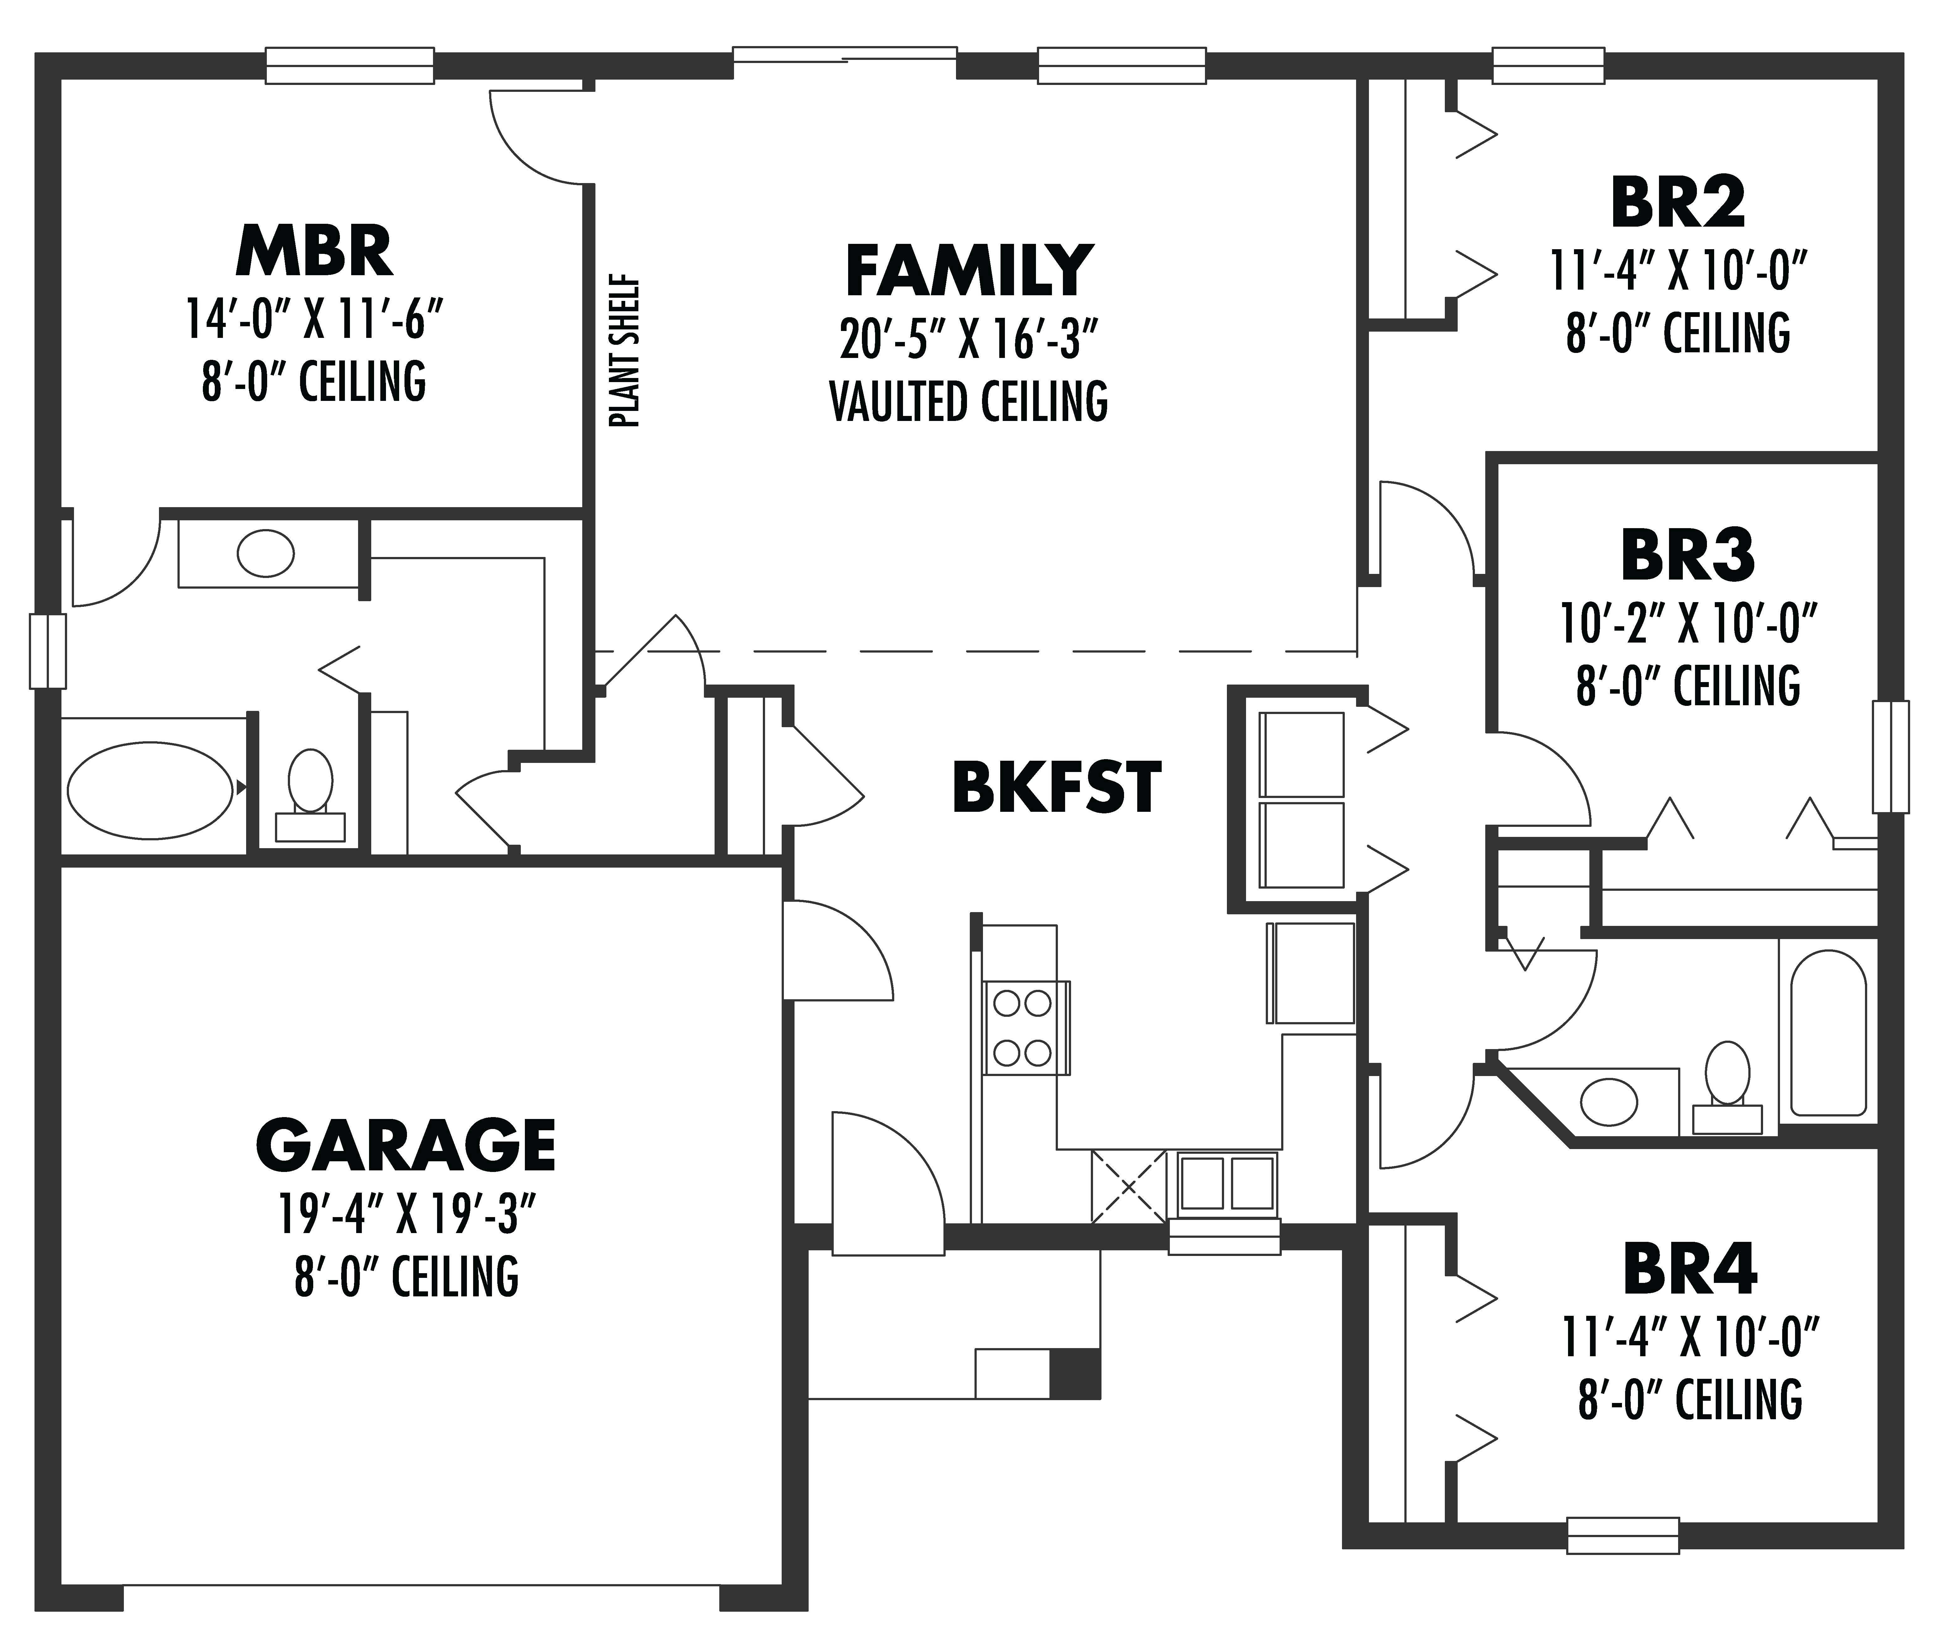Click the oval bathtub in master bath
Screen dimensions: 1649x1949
[x=150, y=790]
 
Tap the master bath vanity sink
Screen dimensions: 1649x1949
[x=266, y=554]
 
